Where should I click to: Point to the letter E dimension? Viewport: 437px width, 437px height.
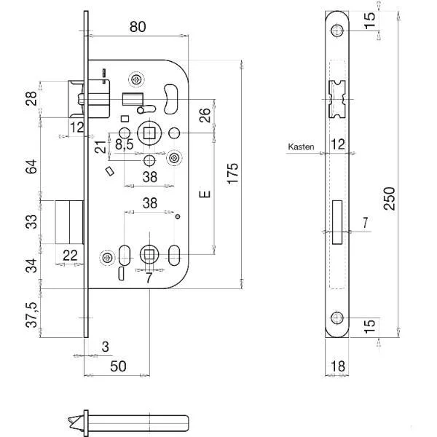(205, 194)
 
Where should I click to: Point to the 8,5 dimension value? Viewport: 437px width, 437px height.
(125, 145)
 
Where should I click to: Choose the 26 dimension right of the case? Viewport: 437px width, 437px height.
(205, 115)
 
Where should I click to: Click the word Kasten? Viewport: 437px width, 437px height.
(301, 146)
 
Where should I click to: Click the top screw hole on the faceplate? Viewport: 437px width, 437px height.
(336, 30)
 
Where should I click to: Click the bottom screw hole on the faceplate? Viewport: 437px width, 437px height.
(336, 318)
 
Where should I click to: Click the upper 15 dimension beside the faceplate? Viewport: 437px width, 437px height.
(369, 17)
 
